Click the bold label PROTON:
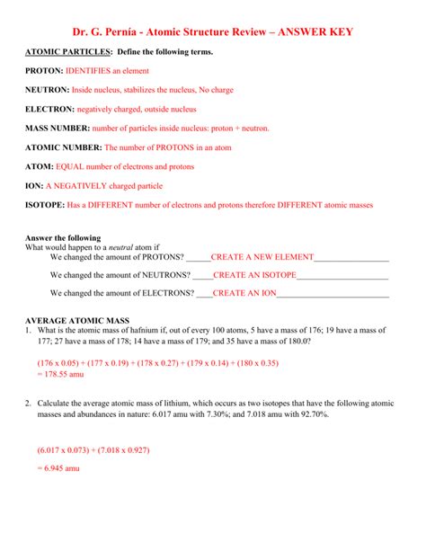point(43,70)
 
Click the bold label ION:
point(35,185)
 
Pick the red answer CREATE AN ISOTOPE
point(254,275)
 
